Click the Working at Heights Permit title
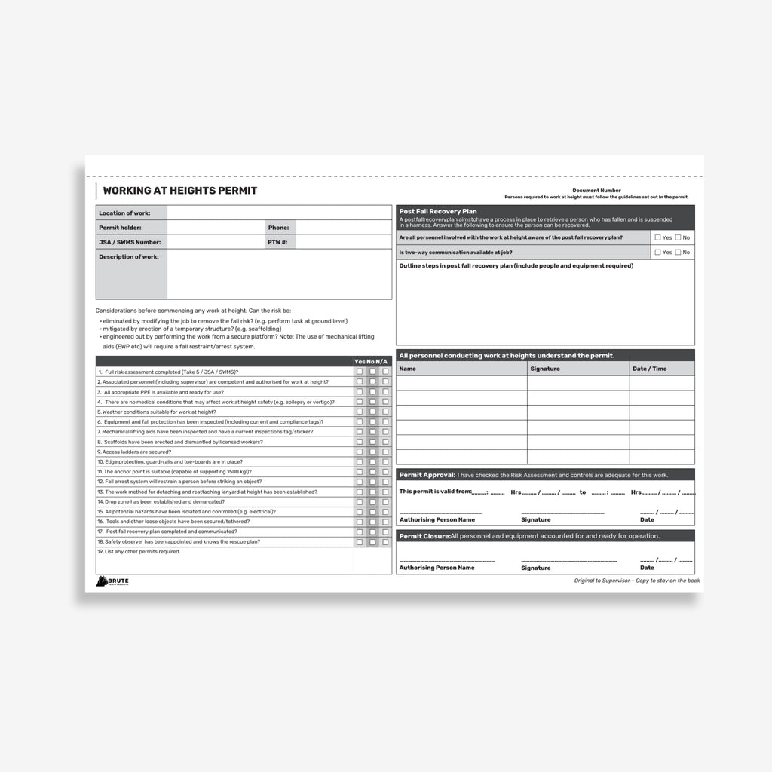[x=179, y=191]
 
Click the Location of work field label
[x=124, y=213]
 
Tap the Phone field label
[x=278, y=228]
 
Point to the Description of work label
[x=129, y=257]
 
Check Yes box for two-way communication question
[x=657, y=253]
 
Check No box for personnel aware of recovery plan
[x=678, y=237]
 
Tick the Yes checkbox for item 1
[x=360, y=372]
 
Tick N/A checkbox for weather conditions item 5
[x=385, y=412]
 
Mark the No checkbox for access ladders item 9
[x=372, y=452]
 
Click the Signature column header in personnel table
[x=545, y=369]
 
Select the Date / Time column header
[x=649, y=369]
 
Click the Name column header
[x=407, y=369]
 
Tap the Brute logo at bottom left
[x=112, y=581]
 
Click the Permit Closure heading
[x=424, y=536]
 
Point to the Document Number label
[x=596, y=191]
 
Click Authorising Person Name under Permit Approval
[x=437, y=519]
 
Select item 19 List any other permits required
[x=139, y=552]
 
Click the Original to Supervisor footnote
[x=636, y=581]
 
